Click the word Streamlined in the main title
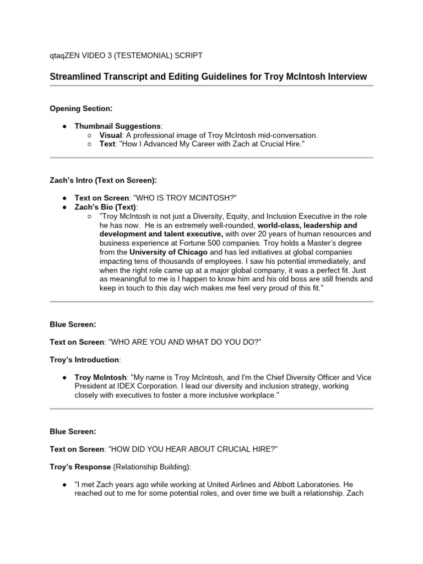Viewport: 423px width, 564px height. click(x=74, y=77)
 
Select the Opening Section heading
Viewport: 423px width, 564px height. click(x=81, y=109)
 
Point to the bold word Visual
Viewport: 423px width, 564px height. click(x=111, y=135)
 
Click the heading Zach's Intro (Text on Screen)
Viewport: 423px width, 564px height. click(x=103, y=180)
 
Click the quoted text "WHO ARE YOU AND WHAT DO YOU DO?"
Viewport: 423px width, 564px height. click(x=185, y=342)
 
